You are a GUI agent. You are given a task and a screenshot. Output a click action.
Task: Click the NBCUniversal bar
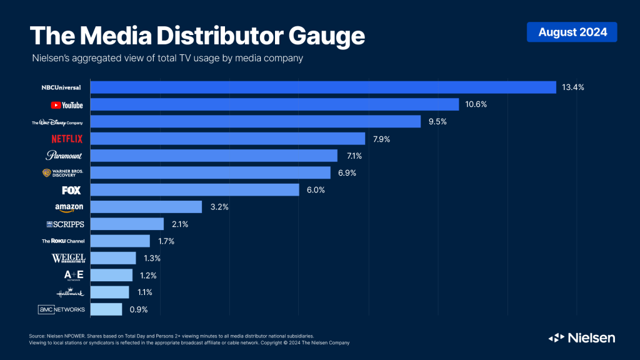point(323,87)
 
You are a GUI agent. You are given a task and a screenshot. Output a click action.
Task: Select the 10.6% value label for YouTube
point(476,104)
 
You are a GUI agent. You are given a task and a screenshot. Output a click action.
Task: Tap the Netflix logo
point(67,139)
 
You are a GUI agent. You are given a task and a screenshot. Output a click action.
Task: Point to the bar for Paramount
point(214,156)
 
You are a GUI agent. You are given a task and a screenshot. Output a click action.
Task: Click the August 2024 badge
point(572,32)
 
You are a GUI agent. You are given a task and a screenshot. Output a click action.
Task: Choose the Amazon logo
point(69,207)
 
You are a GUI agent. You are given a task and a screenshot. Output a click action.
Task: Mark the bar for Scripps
point(127,224)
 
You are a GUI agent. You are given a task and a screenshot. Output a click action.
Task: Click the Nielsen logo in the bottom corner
point(582,337)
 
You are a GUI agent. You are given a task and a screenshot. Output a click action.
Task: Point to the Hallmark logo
point(67,292)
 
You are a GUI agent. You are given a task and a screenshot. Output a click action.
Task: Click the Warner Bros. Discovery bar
point(210,172)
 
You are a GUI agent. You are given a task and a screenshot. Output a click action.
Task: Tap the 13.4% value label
point(572,87)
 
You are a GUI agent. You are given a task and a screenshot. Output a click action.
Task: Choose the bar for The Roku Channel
point(120,241)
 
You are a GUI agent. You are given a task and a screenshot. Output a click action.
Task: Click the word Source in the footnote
point(37,336)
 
